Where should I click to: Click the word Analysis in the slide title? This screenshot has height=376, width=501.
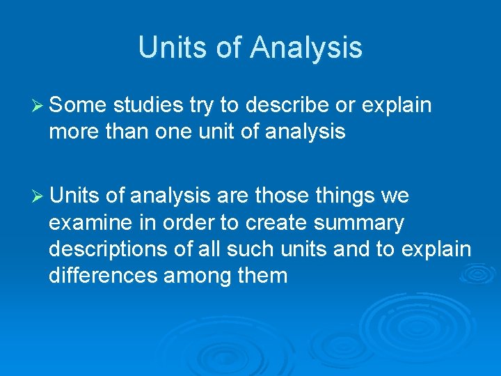pos(306,47)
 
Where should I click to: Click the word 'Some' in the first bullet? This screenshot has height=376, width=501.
pos(78,106)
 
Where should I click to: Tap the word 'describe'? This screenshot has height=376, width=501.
pos(283,106)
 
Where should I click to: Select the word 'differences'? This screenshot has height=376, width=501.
pos(103,275)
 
